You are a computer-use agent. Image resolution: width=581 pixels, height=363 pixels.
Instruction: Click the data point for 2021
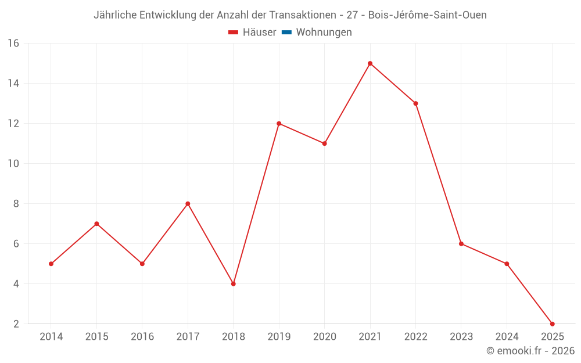click(370, 63)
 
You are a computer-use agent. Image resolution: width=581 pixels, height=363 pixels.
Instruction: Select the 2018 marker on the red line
click(233, 284)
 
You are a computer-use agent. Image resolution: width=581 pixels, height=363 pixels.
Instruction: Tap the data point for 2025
click(552, 324)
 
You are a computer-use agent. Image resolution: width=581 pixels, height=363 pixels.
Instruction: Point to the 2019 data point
click(279, 124)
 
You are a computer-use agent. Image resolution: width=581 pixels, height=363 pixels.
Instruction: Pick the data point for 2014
click(51, 264)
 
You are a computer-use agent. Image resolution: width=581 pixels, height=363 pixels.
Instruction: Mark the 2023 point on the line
click(461, 244)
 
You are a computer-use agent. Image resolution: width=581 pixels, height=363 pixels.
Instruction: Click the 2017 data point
click(188, 204)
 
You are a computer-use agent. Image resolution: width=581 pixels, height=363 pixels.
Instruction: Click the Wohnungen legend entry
click(324, 33)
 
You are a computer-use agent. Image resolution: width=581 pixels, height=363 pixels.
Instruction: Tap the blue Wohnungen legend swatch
click(286, 33)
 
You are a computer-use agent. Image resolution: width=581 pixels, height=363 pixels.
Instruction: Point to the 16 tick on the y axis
click(13, 44)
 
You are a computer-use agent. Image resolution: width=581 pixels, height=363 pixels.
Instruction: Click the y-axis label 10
click(13, 164)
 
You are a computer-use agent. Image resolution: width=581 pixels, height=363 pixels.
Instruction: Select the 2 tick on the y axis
click(16, 324)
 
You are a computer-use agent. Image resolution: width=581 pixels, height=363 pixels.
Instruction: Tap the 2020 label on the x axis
click(324, 337)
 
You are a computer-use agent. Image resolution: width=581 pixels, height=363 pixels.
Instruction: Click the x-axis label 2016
click(142, 337)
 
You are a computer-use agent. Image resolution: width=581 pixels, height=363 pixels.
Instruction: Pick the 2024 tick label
click(507, 337)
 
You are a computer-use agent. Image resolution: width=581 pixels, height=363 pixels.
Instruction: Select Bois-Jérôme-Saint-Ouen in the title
click(427, 15)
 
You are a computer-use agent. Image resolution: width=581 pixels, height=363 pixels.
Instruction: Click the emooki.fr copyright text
click(530, 351)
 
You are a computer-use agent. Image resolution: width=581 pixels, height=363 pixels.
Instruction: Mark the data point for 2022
click(415, 103)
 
